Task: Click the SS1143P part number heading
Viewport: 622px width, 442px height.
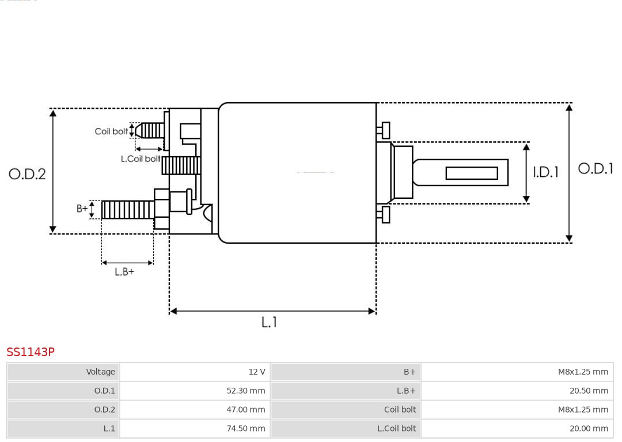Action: (x=31, y=352)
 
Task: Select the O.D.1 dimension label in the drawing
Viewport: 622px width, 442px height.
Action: (x=596, y=168)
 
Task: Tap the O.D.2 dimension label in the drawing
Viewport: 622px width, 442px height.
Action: (x=27, y=173)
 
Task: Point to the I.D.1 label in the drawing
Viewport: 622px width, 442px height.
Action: (x=545, y=172)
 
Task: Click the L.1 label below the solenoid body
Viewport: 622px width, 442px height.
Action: (x=269, y=322)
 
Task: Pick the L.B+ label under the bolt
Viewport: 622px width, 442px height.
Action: (x=124, y=271)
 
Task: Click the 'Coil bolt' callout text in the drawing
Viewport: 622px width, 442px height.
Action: (x=111, y=131)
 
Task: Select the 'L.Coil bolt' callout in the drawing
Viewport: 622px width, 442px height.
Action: (x=140, y=158)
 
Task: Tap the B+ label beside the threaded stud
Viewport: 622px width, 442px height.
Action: (x=82, y=209)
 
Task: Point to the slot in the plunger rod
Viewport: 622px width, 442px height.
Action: (x=472, y=173)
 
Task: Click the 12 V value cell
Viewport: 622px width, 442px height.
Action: (x=257, y=372)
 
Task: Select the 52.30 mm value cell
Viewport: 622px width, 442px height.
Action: (x=246, y=391)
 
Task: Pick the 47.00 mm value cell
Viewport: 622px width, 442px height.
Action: (x=246, y=410)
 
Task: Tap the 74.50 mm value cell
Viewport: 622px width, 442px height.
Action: (x=246, y=428)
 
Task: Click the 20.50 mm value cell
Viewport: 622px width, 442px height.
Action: (x=589, y=391)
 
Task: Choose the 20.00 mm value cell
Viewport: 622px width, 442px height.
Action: (x=589, y=428)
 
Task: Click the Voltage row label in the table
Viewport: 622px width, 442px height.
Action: (x=101, y=372)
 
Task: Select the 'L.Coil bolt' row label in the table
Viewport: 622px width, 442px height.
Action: (x=396, y=428)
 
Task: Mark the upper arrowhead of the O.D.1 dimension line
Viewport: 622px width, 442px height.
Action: (x=569, y=107)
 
